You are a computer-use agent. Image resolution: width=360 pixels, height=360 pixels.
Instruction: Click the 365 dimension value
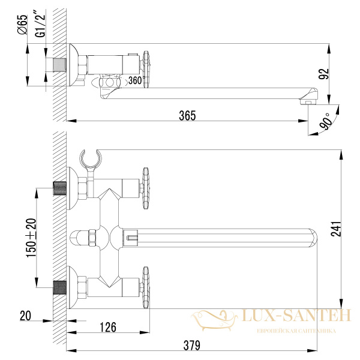[x=187, y=115]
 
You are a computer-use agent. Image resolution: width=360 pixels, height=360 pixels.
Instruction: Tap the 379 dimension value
[x=192, y=345]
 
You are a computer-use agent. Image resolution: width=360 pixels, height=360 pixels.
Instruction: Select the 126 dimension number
[x=108, y=327]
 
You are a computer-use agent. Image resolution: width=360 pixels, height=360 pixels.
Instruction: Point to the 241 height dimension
[x=336, y=229]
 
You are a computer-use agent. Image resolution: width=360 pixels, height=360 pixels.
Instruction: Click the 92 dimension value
[x=324, y=74]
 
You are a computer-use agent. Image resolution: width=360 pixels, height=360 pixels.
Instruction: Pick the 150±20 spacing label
[x=31, y=238]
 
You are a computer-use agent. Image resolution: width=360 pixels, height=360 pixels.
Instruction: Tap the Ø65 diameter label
[x=22, y=25]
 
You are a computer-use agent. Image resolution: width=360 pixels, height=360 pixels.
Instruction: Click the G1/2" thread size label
[x=40, y=23]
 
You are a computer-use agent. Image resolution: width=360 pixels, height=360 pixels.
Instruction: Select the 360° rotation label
[x=136, y=80]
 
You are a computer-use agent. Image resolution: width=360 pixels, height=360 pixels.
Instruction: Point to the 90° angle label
[x=326, y=121]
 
